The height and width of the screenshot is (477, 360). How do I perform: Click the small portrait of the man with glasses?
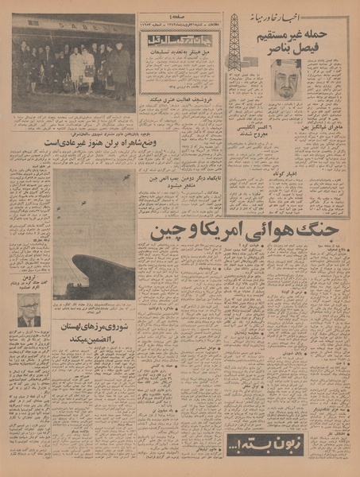tap(29, 310)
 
